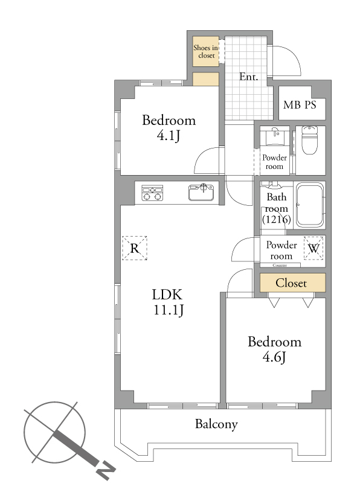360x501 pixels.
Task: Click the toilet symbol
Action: click(x=309, y=139)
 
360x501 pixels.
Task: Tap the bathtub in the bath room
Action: click(x=309, y=205)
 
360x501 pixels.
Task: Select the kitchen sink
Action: click(x=201, y=192)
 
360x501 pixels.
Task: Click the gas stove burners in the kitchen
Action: click(x=152, y=193)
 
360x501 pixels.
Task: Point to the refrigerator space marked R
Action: click(x=135, y=248)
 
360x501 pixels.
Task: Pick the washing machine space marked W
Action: click(x=313, y=248)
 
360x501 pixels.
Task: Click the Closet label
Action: click(x=291, y=283)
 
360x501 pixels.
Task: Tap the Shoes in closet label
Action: click(x=206, y=51)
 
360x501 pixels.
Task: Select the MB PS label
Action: click(x=300, y=104)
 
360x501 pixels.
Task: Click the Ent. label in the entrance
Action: click(x=248, y=77)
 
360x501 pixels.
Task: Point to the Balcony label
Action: click(x=216, y=424)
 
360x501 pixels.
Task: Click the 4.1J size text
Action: click(x=169, y=136)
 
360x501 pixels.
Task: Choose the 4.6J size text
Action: click(x=274, y=357)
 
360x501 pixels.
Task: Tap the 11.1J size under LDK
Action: click(x=169, y=310)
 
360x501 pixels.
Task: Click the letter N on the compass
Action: click(x=106, y=471)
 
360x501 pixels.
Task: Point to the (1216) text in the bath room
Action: click(x=277, y=219)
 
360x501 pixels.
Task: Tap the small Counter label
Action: click(x=280, y=265)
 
